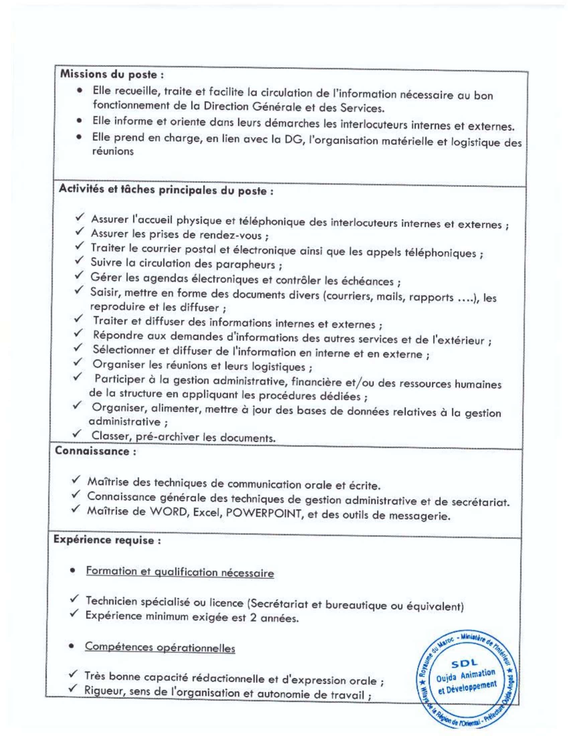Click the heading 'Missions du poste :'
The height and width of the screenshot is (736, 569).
pos(112,75)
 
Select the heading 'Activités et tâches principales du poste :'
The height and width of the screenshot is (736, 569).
pos(166,190)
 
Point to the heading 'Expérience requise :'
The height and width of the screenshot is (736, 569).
pos(107,540)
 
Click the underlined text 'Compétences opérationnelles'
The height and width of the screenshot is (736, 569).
pos(160,647)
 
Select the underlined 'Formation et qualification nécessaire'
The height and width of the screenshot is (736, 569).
pos(180,572)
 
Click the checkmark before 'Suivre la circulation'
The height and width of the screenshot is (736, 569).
pos(79,261)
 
